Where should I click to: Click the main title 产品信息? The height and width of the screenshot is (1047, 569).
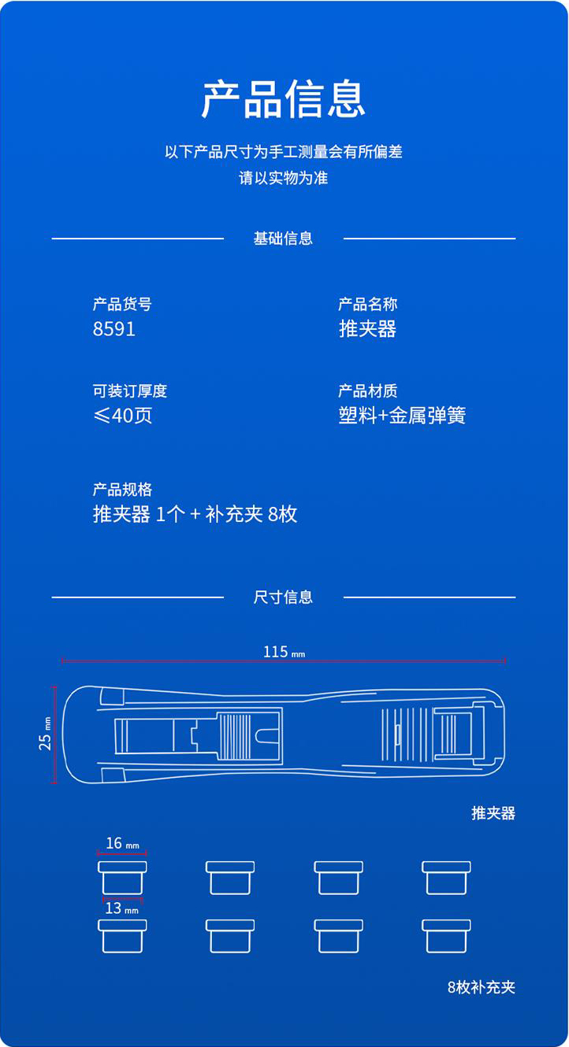(x=283, y=98)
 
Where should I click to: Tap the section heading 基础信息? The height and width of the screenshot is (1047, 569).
(x=283, y=239)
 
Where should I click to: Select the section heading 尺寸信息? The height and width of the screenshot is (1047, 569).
(x=283, y=597)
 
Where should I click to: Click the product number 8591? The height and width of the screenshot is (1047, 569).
(x=114, y=329)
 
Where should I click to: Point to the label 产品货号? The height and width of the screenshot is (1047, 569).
(x=122, y=305)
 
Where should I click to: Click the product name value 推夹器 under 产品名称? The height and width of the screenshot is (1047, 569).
(x=368, y=328)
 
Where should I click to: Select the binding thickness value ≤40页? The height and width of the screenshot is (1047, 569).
(x=123, y=415)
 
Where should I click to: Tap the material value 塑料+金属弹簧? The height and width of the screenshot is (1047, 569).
(x=403, y=415)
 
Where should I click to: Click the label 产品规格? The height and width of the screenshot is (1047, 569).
(x=122, y=490)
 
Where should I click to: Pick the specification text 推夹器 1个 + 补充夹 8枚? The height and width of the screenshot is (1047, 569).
(x=195, y=514)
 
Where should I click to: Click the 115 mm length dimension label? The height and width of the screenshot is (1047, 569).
(x=284, y=652)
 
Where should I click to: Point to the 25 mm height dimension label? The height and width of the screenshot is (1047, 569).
(x=45, y=734)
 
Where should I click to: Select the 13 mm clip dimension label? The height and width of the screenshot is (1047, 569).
(x=121, y=908)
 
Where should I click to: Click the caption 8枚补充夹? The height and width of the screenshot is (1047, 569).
(x=482, y=987)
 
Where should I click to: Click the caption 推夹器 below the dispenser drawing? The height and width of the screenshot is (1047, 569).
(x=493, y=813)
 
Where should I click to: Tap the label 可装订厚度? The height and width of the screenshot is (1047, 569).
(x=129, y=390)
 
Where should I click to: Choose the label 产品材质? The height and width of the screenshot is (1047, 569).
(x=368, y=390)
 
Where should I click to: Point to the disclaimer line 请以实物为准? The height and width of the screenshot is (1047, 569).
(x=284, y=178)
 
